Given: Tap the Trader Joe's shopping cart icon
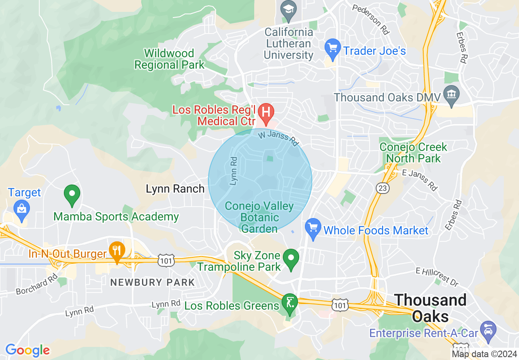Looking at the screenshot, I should pyautogui.click(x=332, y=49).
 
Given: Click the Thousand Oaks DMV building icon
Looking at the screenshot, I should pyautogui.click(x=452, y=97).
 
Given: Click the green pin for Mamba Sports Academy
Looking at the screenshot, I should pyautogui.click(x=72, y=194).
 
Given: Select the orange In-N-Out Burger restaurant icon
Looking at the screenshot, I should pyautogui.click(x=117, y=250).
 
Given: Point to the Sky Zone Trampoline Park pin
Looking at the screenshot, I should pyautogui.click(x=291, y=259).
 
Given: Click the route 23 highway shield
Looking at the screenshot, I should pyautogui.click(x=383, y=188).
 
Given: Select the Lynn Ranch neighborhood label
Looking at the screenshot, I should pyautogui.click(x=175, y=189).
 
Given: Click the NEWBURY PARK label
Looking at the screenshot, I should pyautogui.click(x=153, y=282).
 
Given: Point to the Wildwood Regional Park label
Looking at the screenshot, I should pyautogui.click(x=169, y=59).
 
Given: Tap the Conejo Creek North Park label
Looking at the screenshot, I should pyautogui.click(x=413, y=153).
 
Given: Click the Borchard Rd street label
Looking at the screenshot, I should pyautogui.click(x=37, y=285).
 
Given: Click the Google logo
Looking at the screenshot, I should pyautogui.click(x=27, y=350).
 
